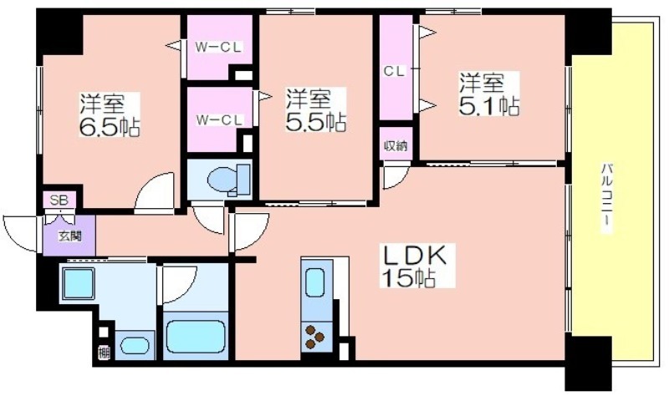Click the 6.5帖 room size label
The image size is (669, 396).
point(110,126)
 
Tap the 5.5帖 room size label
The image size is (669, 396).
point(316,121)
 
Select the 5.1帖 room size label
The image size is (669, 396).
point(489,106)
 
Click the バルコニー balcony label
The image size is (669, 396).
point(607,197)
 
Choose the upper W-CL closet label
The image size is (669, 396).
point(218,47)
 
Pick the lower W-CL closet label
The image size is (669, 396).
point(219,120)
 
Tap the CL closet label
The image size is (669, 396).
point(394,71)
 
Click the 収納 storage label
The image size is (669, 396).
point(396,146)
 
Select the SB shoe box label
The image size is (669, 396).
point(59,200)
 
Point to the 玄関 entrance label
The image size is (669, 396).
point(70,236)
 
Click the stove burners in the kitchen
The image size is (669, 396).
point(314,337)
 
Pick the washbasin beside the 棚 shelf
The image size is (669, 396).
point(135,345)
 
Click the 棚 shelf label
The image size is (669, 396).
point(104,353)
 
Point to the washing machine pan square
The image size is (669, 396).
point(79,282)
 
